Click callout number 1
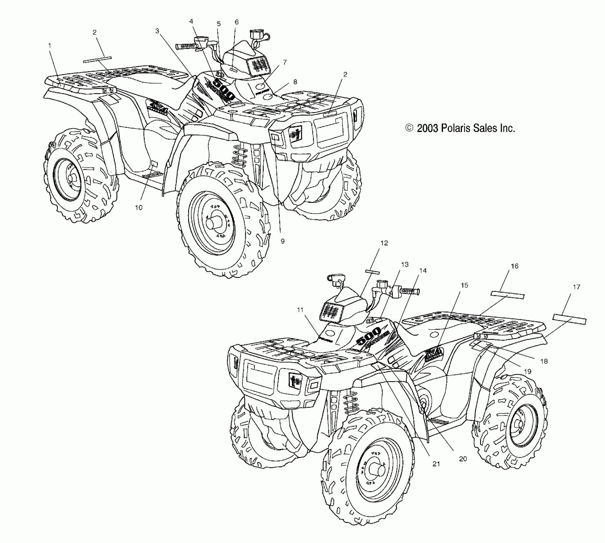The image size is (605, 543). (50, 46)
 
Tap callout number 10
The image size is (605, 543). (138, 208)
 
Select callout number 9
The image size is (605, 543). (282, 241)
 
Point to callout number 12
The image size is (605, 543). (384, 243)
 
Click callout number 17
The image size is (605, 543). (576, 287)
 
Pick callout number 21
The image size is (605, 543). (436, 464)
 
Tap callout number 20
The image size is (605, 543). (463, 459)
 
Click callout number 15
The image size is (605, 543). (464, 285)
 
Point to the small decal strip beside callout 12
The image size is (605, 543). (372, 272)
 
